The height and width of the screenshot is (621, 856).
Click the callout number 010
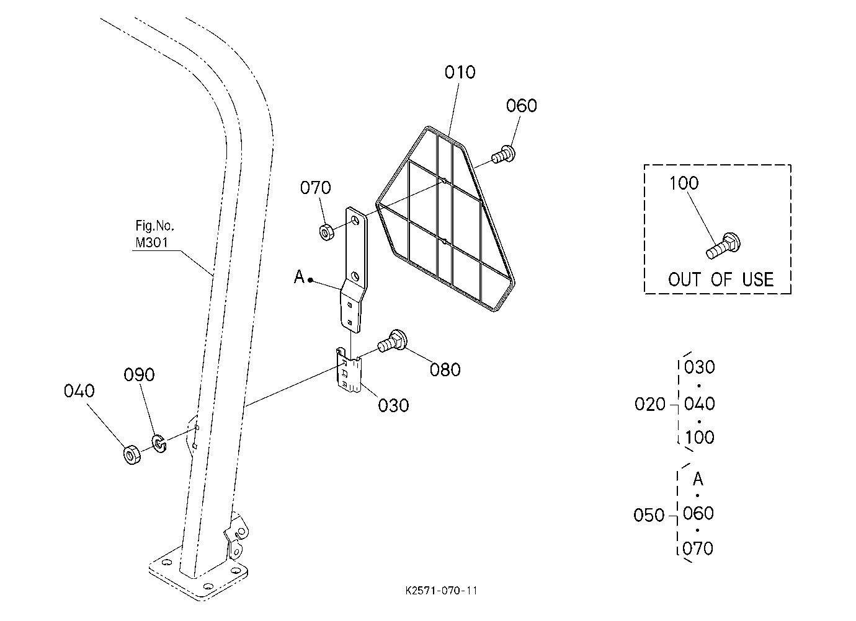pyautogui.click(x=460, y=72)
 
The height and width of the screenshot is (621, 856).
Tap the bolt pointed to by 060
pyautogui.click(x=503, y=154)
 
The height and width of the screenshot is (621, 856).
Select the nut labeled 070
pyautogui.click(x=327, y=232)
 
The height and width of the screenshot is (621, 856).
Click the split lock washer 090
pyautogui.click(x=159, y=444)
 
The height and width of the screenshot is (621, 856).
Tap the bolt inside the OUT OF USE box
pyautogui.click(x=723, y=245)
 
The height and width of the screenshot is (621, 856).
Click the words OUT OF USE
pyautogui.click(x=721, y=280)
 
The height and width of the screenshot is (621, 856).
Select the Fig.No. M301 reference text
pyautogui.click(x=155, y=234)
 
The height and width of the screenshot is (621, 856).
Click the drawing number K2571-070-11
pyautogui.click(x=442, y=591)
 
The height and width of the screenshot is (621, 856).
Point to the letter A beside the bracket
pyautogui.click(x=299, y=276)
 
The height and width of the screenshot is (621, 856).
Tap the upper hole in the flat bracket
pyautogui.click(x=355, y=221)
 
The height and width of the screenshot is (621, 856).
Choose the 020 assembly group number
pyautogui.click(x=649, y=404)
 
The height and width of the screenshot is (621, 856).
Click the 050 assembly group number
pyautogui.click(x=649, y=515)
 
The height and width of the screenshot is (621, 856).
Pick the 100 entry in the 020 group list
pyautogui.click(x=699, y=438)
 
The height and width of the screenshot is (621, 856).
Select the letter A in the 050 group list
pyautogui.click(x=698, y=478)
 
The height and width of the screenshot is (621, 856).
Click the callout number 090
pyautogui.click(x=139, y=375)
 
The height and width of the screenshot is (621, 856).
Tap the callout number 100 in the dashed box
pyautogui.click(x=684, y=183)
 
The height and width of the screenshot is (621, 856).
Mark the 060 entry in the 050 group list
pyautogui.click(x=698, y=513)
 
